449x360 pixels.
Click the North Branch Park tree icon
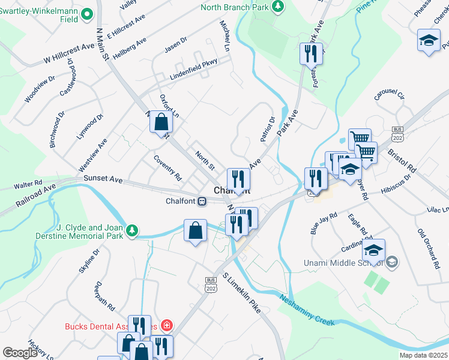click(278, 6)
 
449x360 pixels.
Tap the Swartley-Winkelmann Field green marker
click(88, 13)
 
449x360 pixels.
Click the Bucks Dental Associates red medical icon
click(166, 326)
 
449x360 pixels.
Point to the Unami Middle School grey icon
click(391, 262)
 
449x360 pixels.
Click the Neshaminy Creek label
click(306, 306)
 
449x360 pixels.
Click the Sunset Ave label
click(103, 179)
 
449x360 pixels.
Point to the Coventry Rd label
click(167, 169)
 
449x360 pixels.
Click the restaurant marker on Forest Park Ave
click(312, 53)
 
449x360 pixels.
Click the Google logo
click(20, 353)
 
